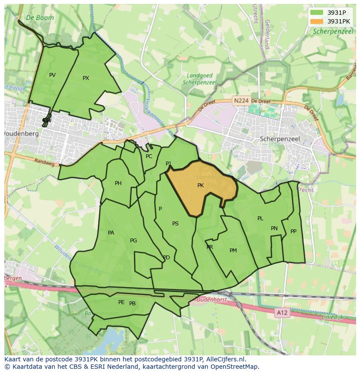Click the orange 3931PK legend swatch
coord(317,21)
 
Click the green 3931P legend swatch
coord(317,13)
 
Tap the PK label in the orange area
coord(200,185)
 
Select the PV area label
coord(52,75)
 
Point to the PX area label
coord(86,78)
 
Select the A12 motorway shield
coord(282,313)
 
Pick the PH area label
coord(118,183)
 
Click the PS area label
coord(175,224)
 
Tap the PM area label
coord(233,251)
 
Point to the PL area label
coord(260,218)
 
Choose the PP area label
coord(293,232)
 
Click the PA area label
coord(111,233)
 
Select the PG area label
coord(133,241)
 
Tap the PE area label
coord(121,302)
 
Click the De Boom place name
coord(40,18)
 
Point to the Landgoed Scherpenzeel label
coord(200,79)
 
